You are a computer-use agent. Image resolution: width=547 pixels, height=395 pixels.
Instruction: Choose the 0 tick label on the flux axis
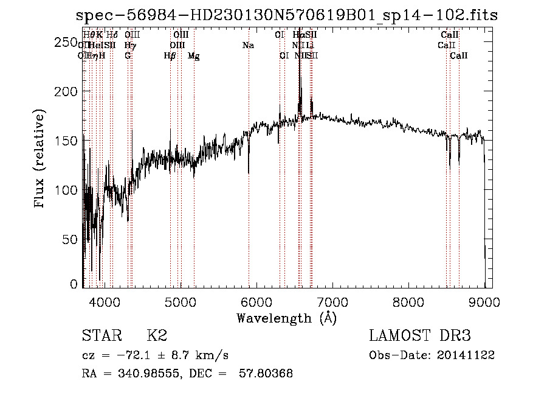[74, 284]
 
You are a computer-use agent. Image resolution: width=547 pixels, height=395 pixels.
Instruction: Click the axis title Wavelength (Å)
[287, 318]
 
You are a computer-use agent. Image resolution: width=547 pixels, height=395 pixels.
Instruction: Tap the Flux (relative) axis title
[41, 160]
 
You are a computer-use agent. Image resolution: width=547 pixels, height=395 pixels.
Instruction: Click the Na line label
[248, 46]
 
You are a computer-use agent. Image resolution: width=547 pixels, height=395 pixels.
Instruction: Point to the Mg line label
[193, 56]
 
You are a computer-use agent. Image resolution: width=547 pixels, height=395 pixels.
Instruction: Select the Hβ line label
[170, 56]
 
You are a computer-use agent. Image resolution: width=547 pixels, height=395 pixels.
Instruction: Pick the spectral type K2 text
[157, 337]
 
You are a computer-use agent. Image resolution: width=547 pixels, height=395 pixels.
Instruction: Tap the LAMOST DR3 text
[420, 337]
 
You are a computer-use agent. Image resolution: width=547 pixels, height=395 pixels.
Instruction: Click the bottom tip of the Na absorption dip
[249, 173]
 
